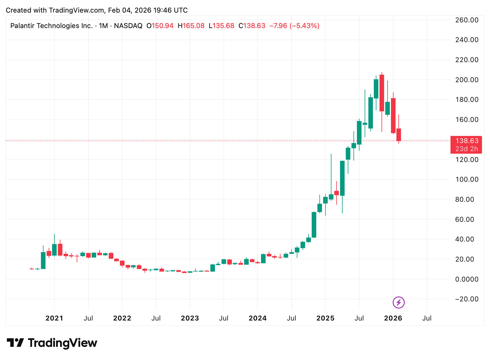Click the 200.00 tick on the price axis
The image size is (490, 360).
click(467, 80)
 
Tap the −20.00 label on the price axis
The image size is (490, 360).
click(467, 299)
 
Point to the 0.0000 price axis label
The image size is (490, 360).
click(467, 279)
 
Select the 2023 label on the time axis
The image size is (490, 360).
click(190, 318)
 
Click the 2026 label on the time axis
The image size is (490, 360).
click(393, 318)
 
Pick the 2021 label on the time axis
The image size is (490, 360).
click(54, 318)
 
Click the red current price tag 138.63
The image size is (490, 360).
click(467, 141)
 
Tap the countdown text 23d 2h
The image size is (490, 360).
click(467, 149)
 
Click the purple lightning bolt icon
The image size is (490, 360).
click(398, 302)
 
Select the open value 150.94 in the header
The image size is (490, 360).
click(162, 26)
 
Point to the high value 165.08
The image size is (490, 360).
click(193, 26)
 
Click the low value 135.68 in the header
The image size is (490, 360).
click(223, 26)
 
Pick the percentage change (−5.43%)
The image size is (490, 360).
click(304, 26)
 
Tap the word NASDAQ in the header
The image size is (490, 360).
click(128, 26)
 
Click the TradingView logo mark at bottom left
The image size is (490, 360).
click(15, 343)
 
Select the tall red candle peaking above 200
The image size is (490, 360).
click(382, 93)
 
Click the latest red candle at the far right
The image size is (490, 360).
click(399, 134)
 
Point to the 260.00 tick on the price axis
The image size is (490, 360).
click(467, 20)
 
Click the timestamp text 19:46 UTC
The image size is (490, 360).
click(170, 10)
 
